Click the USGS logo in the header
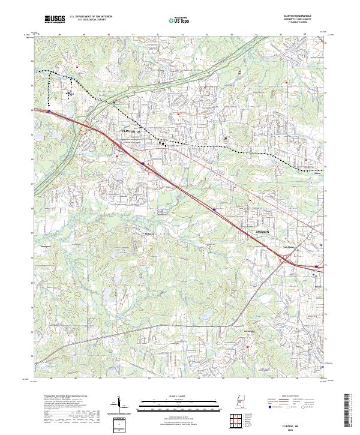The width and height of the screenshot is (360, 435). pos(54,19)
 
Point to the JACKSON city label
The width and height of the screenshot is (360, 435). pos(262,230)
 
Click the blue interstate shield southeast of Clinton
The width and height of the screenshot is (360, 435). pos(143,162)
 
